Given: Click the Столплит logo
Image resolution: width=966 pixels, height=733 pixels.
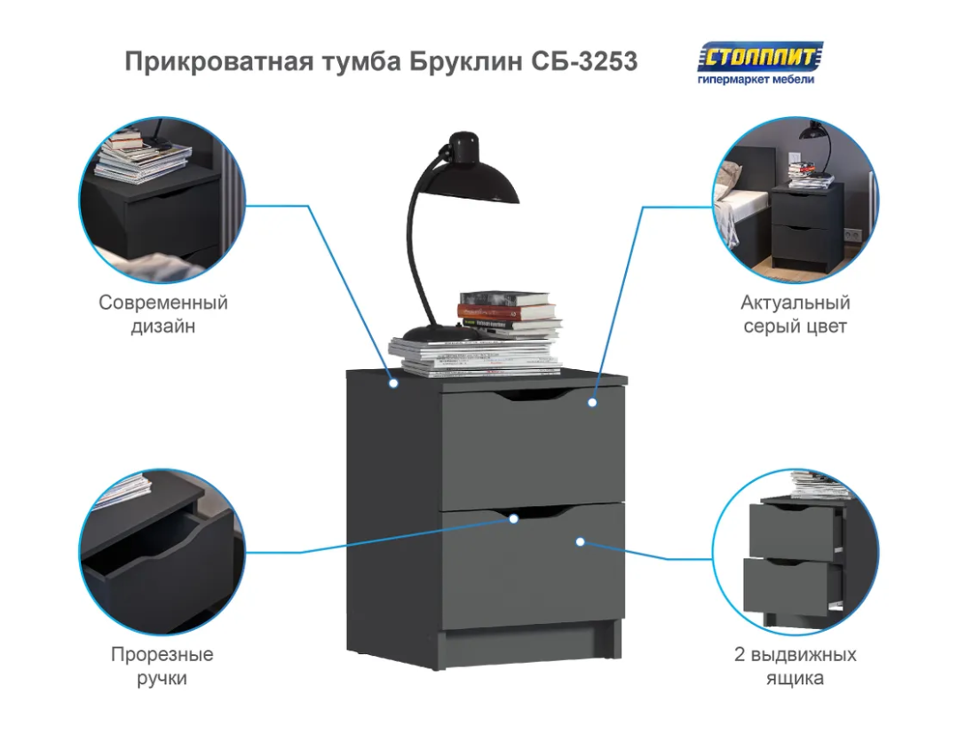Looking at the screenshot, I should pyautogui.click(x=761, y=57).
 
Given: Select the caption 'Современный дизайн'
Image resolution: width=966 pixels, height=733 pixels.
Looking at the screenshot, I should pyautogui.click(x=163, y=314).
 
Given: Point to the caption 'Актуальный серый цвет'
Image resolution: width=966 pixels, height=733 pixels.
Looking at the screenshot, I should pyautogui.click(x=795, y=314).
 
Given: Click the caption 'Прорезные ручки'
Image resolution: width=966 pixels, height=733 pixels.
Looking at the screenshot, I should pyautogui.click(x=162, y=666).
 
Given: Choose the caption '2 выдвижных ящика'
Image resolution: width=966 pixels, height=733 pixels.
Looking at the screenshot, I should pyautogui.click(x=795, y=666).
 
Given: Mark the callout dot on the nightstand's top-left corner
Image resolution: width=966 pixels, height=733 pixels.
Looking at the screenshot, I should pyautogui.click(x=393, y=384).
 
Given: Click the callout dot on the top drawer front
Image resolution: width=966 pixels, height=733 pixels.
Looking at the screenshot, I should pyautogui.click(x=592, y=403).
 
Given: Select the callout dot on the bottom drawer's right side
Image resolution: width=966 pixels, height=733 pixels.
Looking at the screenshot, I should pyautogui.click(x=581, y=540).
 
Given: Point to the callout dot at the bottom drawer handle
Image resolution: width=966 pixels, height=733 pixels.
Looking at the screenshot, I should pyautogui.click(x=513, y=518).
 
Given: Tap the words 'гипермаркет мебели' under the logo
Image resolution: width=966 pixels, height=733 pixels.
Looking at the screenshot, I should pyautogui.click(x=756, y=79).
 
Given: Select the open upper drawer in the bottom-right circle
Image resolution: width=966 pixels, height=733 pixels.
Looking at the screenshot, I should pyautogui.click(x=795, y=531).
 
